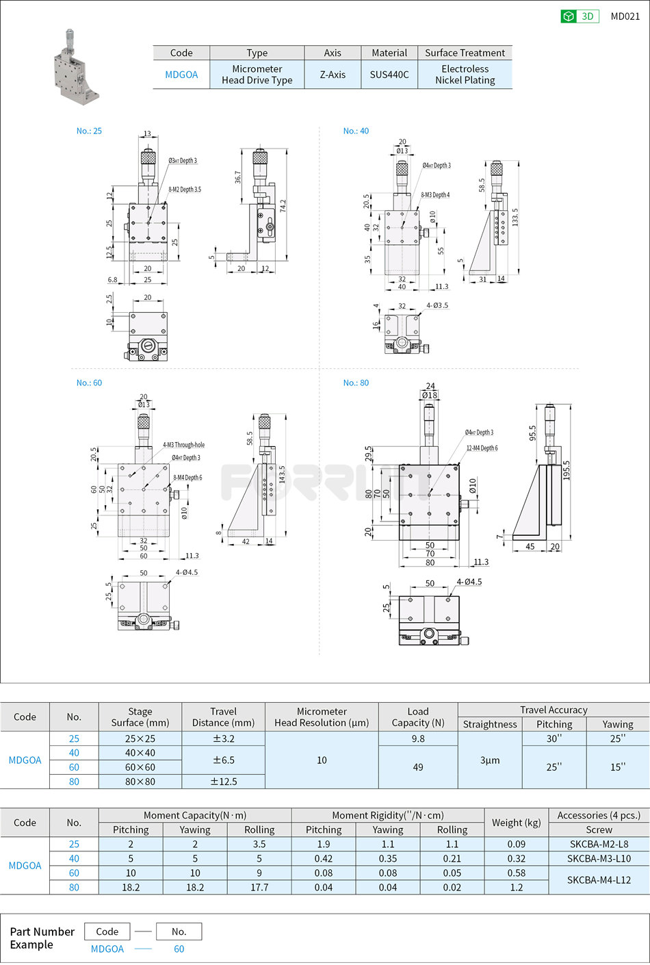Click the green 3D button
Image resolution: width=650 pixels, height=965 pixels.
pos(580,16)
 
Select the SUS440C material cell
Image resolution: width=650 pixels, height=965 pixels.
pos(389,75)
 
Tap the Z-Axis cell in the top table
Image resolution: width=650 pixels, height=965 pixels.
pos(333,75)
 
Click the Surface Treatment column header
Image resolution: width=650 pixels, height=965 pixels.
pos(465,53)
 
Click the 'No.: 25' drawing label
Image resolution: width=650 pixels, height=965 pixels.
pos(89,131)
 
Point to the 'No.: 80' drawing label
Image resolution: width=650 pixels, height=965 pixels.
pos(356,383)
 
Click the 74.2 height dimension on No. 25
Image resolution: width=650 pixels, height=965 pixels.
pos(283,205)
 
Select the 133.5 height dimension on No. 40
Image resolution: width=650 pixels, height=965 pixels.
pos(515,218)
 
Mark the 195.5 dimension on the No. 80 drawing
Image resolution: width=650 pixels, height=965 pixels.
pos(566,470)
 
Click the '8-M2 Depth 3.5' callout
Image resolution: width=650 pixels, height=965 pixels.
pos(185,190)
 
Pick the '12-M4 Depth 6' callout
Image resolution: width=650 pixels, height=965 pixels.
pos(482,448)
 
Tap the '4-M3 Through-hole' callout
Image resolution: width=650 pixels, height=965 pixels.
pos(183,445)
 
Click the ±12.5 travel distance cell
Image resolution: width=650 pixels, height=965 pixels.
pos(223,782)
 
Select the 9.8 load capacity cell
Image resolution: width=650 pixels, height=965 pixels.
pos(417,738)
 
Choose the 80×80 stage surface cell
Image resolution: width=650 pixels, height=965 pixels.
pos(140,782)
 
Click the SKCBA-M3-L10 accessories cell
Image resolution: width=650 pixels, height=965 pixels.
pos(599,858)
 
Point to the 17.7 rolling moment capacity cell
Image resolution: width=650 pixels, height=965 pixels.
pos(259,887)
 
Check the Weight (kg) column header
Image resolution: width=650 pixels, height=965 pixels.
pos(517,823)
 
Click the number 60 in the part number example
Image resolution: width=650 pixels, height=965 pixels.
pos(179,949)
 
